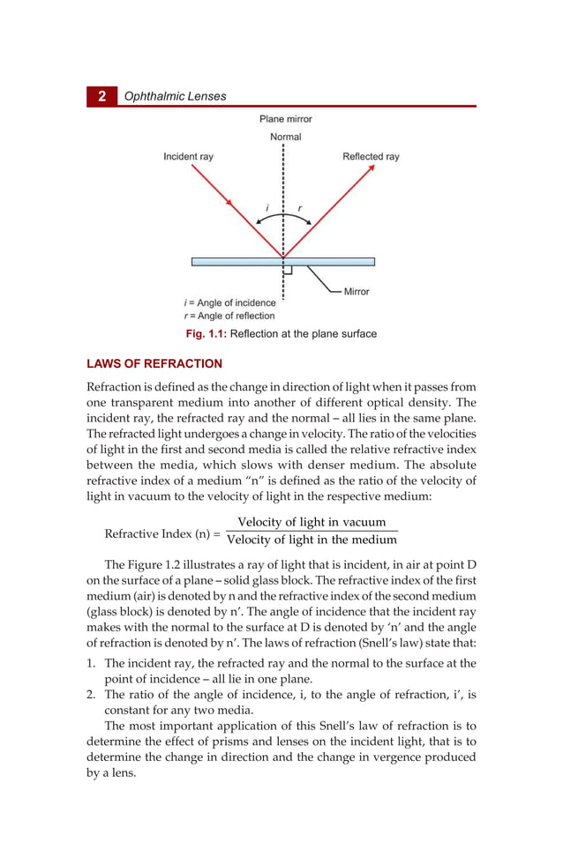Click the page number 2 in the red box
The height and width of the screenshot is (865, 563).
[x=101, y=96]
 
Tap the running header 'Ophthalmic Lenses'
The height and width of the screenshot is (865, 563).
[x=175, y=96]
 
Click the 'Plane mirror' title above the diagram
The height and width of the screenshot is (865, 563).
[x=285, y=118]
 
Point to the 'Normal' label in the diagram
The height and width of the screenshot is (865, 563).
[x=285, y=137]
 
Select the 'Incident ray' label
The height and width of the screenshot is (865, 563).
[x=188, y=157]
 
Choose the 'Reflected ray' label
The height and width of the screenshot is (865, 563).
[x=371, y=157]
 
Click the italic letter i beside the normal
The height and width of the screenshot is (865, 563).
[x=266, y=208]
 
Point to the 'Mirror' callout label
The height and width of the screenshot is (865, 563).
[x=357, y=291]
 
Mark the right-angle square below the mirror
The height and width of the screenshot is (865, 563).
[x=288, y=271]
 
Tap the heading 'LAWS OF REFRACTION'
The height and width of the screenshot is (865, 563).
[x=154, y=363]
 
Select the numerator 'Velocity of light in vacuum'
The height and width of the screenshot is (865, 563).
[x=312, y=523]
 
